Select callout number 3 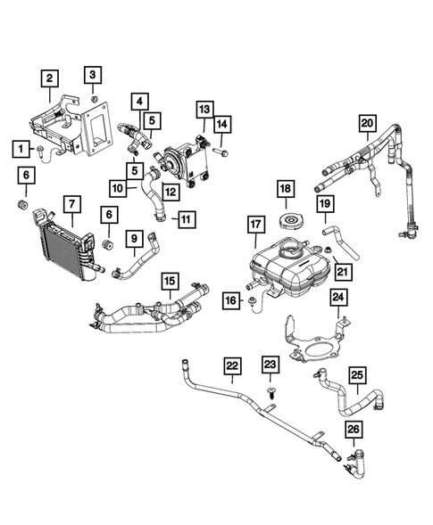click(x=94, y=73)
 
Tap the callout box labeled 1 click(x=20, y=147)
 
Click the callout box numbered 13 click(x=204, y=109)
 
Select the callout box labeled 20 click(x=367, y=122)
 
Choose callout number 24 click(x=339, y=297)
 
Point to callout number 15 click(x=169, y=281)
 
